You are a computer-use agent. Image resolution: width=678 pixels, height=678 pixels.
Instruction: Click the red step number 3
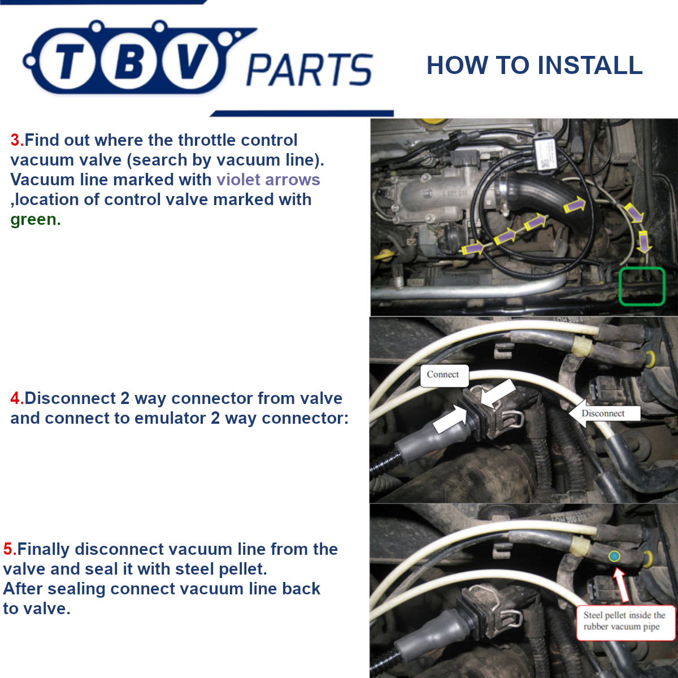tap(16, 140)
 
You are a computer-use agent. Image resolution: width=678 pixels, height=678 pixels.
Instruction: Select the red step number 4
tap(16, 398)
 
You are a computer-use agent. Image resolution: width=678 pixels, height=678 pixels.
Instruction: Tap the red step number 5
tap(9, 549)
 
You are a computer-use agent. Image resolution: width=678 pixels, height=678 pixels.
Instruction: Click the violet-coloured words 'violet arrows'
tap(268, 180)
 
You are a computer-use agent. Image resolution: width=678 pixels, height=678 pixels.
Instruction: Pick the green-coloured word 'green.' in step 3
tap(35, 219)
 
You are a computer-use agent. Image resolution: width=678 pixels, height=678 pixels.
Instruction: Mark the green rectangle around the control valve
tap(641, 286)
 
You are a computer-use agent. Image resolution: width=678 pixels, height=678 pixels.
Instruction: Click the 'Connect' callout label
tap(443, 375)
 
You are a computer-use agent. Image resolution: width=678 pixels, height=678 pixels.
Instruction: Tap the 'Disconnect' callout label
tap(603, 414)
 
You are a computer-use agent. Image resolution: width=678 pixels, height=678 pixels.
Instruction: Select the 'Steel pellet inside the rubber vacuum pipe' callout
tap(624, 621)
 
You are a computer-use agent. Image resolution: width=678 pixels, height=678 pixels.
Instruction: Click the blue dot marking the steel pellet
tap(615, 556)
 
